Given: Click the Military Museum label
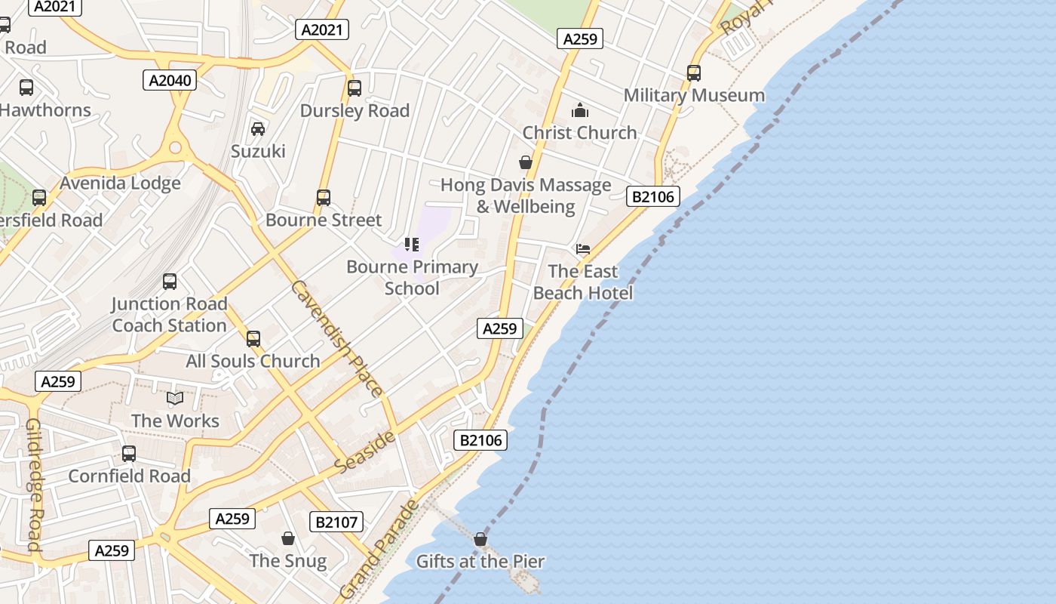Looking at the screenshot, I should (x=694, y=95).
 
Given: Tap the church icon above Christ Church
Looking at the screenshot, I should (x=579, y=111).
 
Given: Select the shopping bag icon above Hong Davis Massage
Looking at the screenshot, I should (x=526, y=162).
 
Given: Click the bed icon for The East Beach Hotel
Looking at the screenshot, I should (x=583, y=249).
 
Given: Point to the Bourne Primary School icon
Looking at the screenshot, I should (x=412, y=245).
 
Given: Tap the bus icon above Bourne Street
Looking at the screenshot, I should (x=324, y=198).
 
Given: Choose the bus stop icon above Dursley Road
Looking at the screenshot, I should (x=355, y=88).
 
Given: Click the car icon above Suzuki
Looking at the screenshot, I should (x=258, y=129).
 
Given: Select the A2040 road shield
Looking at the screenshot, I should (x=170, y=80).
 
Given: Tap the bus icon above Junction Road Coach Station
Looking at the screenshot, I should (x=170, y=282).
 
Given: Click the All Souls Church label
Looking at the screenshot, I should (x=253, y=361).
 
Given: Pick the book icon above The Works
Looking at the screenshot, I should (x=175, y=398).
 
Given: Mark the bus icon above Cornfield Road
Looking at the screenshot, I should (x=129, y=454).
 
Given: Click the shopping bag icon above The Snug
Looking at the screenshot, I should (x=288, y=538).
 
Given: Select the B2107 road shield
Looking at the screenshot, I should (x=336, y=522).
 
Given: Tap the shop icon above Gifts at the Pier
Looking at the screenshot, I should (x=480, y=539).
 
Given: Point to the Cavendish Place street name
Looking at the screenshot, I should (x=336, y=338).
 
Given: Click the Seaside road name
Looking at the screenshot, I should (x=364, y=452).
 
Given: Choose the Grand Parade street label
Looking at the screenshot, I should (x=379, y=548).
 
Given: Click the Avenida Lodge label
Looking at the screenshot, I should (x=121, y=183).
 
